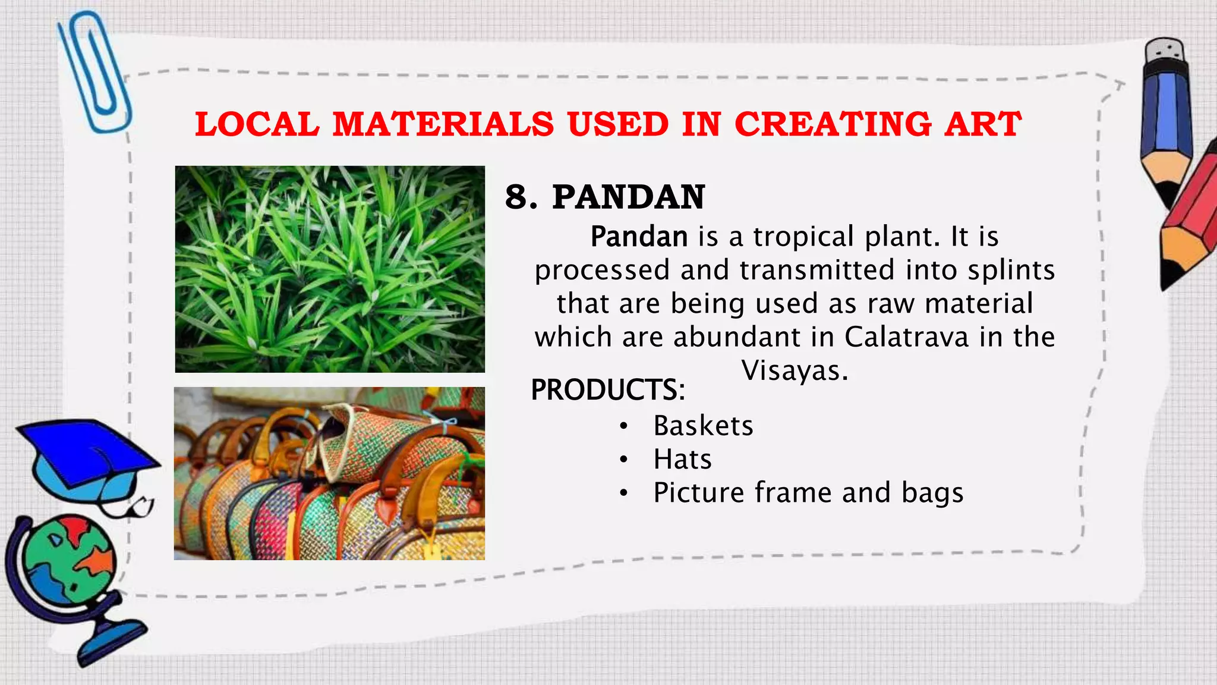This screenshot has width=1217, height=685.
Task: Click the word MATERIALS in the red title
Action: (x=443, y=125)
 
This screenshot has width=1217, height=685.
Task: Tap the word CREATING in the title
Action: (x=833, y=125)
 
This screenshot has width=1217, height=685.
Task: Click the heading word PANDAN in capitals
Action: (x=628, y=197)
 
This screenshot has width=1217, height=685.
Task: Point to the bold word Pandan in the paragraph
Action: (x=639, y=237)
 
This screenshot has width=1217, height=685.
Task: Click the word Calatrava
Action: (x=906, y=337)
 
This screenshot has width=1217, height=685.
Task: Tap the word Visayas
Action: (x=794, y=370)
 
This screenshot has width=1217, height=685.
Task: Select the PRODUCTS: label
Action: (x=607, y=390)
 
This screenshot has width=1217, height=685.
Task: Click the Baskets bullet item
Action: (x=703, y=426)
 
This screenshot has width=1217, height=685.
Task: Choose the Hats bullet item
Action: (x=682, y=460)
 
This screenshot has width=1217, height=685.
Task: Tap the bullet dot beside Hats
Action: (x=623, y=460)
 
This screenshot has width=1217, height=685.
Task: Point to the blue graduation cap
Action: (x=89, y=458)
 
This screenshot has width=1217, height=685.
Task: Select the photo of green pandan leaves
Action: (x=330, y=269)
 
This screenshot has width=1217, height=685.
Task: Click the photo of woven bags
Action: (x=330, y=473)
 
